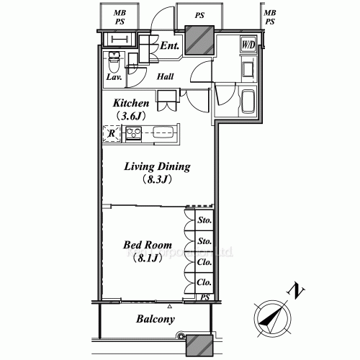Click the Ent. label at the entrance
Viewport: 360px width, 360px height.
170,46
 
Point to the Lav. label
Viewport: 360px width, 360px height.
114,76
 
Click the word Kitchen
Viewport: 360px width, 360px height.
132,103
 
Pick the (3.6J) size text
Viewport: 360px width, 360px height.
132,115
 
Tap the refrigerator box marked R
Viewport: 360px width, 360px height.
112,132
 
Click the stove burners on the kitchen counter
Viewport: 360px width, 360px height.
133,132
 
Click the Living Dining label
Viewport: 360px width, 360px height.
157,166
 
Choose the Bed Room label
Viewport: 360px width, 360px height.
147,246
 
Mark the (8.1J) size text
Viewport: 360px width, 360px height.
147,258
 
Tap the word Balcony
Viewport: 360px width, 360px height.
156,319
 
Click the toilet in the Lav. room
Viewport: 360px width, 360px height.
114,60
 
